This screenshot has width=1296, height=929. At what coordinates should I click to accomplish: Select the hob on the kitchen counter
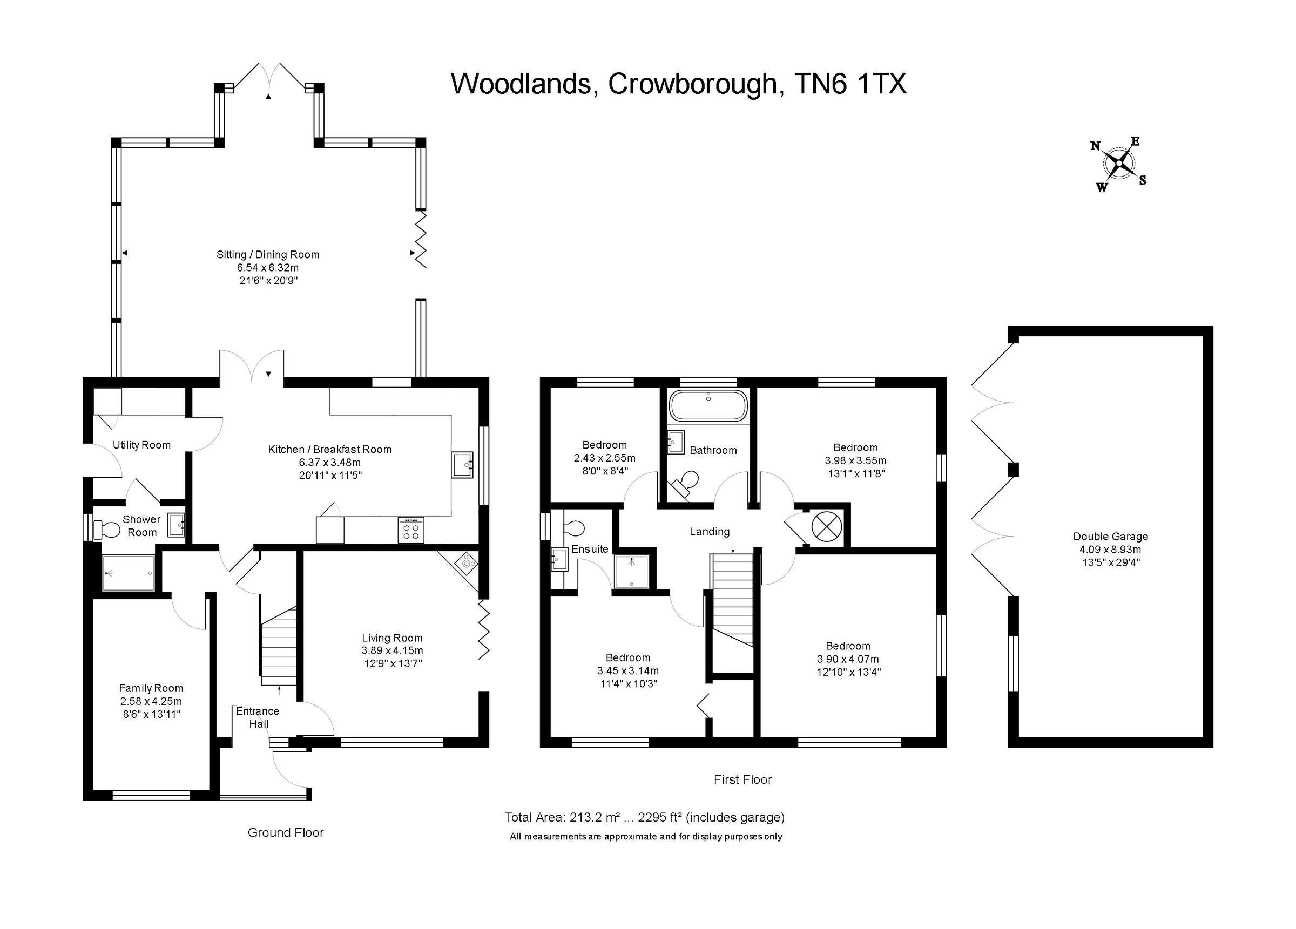tap(411, 530)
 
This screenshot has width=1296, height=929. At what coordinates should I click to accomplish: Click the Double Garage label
tap(1110, 537)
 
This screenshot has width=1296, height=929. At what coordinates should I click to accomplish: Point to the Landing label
tap(709, 531)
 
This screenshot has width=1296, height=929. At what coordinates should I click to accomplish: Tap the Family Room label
tap(151, 688)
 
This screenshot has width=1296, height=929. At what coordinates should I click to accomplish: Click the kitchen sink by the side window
tap(462, 464)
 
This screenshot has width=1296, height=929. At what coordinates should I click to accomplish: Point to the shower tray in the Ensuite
tap(631, 572)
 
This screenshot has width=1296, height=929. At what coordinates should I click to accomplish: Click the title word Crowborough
tap(693, 84)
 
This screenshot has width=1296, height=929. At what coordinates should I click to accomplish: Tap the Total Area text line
tap(644, 818)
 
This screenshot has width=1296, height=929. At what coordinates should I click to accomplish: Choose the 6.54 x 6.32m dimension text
tap(267, 268)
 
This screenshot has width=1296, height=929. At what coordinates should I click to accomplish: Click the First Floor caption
tap(742, 780)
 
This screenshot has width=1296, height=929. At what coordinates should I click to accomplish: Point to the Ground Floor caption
tap(285, 833)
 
